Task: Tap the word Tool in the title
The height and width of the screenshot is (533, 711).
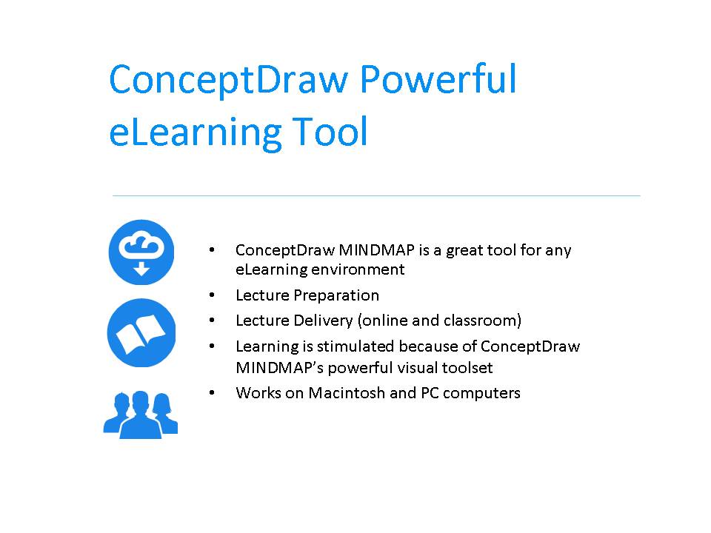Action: click(328, 132)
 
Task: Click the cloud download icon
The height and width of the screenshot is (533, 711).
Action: click(141, 252)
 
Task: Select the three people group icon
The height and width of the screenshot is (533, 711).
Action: click(141, 414)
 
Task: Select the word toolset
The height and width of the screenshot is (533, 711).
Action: click(466, 367)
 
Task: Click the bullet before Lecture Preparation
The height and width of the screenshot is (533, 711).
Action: click(213, 295)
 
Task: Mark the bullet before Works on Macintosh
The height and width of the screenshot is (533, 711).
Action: click(213, 393)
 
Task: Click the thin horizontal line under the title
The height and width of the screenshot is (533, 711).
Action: click(376, 196)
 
